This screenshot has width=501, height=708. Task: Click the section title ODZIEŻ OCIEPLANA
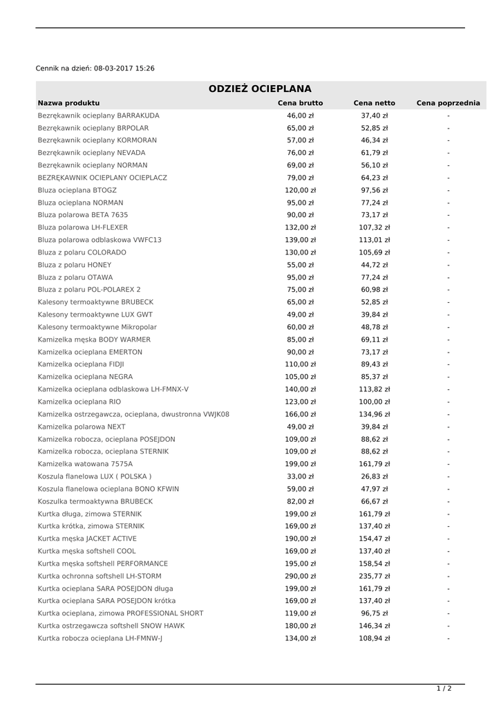(x=260, y=89)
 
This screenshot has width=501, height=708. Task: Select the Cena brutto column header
(x=300, y=103)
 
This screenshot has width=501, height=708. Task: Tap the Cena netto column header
(x=374, y=103)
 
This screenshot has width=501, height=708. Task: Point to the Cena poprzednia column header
(x=448, y=103)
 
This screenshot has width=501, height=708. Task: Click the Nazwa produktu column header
(x=68, y=103)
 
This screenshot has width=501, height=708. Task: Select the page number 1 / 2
(x=444, y=688)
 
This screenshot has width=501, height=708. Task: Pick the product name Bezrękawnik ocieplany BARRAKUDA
(x=98, y=115)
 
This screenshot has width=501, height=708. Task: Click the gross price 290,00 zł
(x=300, y=576)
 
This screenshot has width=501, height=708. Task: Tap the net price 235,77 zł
(x=374, y=576)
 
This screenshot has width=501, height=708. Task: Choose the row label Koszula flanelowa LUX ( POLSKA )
(x=95, y=476)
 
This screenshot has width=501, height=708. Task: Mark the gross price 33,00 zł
(x=300, y=476)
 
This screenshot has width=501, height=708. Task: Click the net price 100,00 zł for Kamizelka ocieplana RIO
(x=374, y=402)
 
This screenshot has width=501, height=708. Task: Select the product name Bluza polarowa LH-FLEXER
(x=82, y=227)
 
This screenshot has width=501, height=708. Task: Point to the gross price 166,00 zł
(x=300, y=414)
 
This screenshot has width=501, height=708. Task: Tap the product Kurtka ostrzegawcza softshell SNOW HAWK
(x=111, y=626)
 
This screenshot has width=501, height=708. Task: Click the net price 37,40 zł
(x=374, y=115)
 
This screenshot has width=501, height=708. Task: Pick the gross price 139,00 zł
(x=300, y=240)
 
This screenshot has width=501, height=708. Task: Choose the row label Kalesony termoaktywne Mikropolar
(x=97, y=327)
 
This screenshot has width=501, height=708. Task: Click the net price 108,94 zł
(x=374, y=638)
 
